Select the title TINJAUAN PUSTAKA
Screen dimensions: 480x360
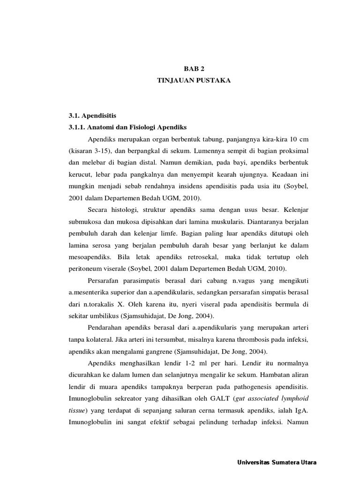(194, 81)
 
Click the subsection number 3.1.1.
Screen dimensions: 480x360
(78, 127)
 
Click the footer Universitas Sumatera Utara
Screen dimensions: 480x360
(277, 462)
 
